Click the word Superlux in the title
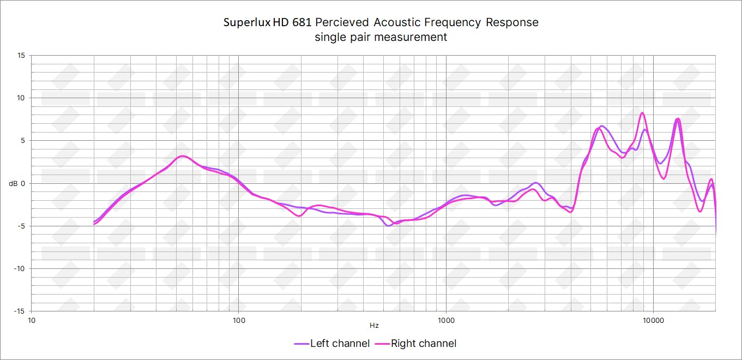coord(247,23)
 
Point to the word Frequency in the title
coord(455,23)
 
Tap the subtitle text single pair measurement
coord(381,37)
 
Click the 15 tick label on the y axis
coord(21,56)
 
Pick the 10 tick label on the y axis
coord(21,98)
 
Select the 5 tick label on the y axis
coord(23,141)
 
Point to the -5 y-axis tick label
coord(21,226)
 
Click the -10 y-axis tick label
coord(20,268)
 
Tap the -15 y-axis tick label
coord(20,311)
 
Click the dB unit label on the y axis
coord(13,183)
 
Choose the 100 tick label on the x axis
coord(239,320)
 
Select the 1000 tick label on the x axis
coord(446,320)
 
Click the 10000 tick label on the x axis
coord(653,320)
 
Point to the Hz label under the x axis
coord(374,326)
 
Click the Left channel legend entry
coord(332,344)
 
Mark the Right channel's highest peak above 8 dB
coord(642,113)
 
